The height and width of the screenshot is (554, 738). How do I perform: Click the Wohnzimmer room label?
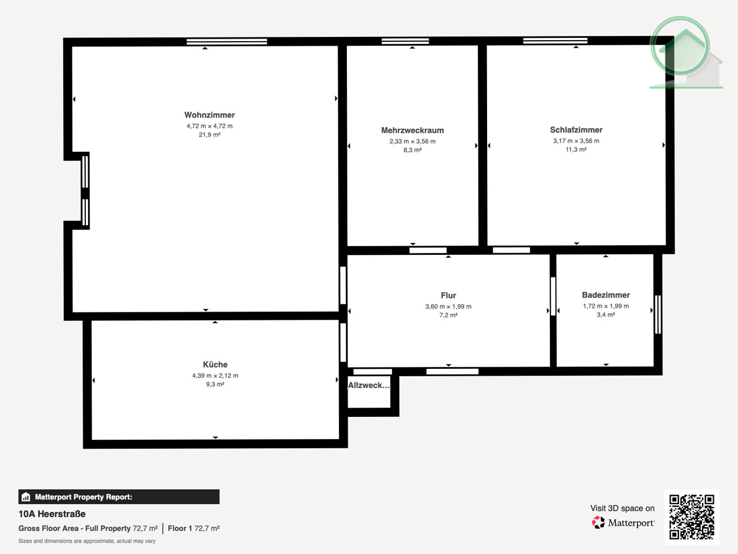(209, 115)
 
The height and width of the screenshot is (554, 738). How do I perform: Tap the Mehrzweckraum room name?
(412, 130)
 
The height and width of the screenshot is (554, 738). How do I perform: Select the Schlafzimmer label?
(576, 130)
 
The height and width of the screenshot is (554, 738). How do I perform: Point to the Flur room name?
(448, 295)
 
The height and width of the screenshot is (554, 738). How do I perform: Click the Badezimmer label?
(606, 295)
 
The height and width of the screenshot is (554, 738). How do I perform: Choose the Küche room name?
(215, 365)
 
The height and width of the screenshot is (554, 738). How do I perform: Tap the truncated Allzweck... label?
(368, 385)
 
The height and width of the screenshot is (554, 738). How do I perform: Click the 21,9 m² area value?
(209, 135)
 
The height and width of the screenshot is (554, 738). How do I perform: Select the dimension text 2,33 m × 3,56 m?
(412, 141)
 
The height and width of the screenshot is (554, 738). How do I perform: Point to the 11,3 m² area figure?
(576, 150)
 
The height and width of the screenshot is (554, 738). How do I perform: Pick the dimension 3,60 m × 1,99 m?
(448, 307)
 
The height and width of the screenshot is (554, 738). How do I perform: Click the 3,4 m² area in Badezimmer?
(606, 315)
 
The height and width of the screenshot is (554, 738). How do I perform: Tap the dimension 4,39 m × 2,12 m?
(215, 376)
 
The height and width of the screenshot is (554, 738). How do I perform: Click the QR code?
(691, 517)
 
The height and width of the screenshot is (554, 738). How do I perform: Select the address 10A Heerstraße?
(52, 514)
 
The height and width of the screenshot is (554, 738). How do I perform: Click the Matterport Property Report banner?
(119, 497)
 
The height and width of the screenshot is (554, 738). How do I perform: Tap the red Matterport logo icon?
(598, 522)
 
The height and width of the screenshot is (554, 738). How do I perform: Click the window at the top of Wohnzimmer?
(227, 41)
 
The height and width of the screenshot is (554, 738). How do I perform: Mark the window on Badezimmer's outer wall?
(657, 314)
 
